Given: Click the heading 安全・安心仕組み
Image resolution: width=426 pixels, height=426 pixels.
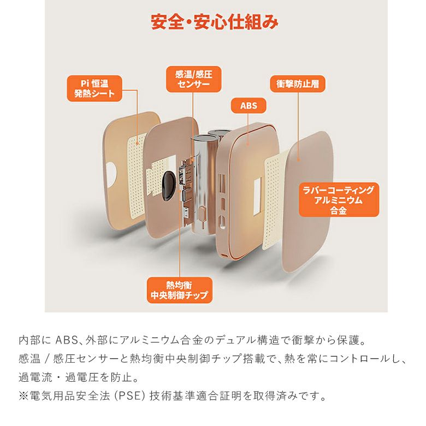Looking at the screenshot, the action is tap(214, 22).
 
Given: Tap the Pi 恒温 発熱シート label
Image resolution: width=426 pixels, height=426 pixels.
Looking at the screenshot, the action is tap(94, 88).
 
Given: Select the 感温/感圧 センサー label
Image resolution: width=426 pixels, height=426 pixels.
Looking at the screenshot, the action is tap(194, 79).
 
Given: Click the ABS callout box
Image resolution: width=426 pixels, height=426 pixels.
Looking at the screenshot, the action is tap(248, 105).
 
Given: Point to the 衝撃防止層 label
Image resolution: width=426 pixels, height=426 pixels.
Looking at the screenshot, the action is tap(298, 84).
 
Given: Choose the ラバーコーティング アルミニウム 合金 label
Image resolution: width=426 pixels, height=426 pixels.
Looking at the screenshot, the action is tap(339, 200).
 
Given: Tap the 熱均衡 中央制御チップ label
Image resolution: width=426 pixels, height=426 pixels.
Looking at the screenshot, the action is tap(179, 290).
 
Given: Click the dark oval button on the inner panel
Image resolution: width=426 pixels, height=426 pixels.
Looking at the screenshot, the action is tap(168, 186).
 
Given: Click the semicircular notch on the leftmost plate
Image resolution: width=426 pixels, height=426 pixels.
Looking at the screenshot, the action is tap(111, 174).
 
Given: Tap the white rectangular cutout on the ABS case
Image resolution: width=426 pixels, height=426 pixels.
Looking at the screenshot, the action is tap(258, 196).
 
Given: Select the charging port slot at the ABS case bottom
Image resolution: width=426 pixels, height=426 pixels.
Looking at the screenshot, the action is tap(224, 256).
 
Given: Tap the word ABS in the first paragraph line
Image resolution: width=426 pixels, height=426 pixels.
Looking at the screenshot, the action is tap(67, 340).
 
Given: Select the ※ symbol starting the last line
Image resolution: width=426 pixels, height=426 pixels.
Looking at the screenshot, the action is tap(23, 396).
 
